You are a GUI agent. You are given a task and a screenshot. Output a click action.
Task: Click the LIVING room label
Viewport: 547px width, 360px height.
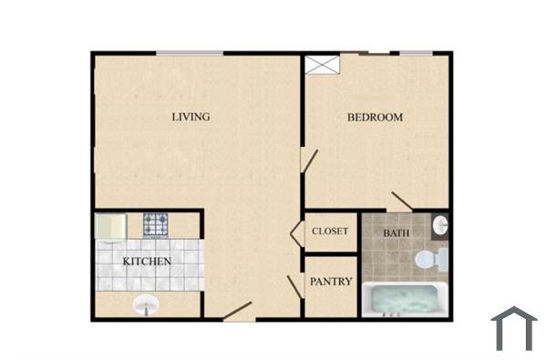[x=192, y=117]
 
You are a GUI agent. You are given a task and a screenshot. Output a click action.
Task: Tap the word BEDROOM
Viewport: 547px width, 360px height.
[x=375, y=118]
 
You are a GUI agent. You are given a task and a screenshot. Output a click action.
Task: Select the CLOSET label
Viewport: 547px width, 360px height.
[x=330, y=231]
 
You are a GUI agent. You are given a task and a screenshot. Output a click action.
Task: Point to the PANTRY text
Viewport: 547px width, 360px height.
[x=331, y=283]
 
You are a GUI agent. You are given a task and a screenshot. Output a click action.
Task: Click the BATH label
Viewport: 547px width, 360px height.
[x=396, y=233]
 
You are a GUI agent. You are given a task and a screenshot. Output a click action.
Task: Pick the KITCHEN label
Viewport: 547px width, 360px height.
[x=148, y=262]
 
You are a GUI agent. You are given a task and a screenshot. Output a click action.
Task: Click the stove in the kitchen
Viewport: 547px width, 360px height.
[x=155, y=223]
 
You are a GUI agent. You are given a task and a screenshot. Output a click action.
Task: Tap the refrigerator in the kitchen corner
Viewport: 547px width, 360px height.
[x=111, y=226]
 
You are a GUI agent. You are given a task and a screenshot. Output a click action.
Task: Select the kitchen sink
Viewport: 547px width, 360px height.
[x=145, y=305]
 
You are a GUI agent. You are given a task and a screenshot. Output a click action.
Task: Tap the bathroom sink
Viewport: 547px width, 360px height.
[x=440, y=224]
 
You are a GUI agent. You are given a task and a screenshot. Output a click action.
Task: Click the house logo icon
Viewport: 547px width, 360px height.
[x=513, y=328]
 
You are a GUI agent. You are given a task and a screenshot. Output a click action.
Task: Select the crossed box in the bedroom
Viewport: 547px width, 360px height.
[x=322, y=65]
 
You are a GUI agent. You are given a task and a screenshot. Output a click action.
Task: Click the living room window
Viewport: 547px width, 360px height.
[x=190, y=54]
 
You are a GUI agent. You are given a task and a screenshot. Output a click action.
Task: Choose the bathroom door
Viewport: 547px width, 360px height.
[x=401, y=201]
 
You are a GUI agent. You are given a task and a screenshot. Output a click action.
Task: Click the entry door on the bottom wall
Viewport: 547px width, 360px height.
[x=237, y=319]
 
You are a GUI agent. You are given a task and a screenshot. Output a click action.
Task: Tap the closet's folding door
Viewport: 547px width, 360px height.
[x=297, y=233]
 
